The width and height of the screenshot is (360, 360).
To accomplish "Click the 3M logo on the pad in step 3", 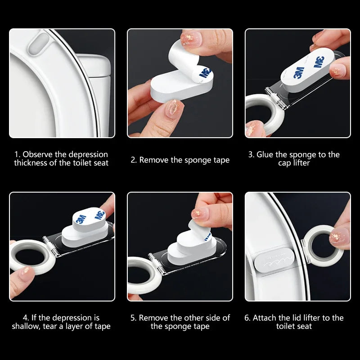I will tap(299, 72).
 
